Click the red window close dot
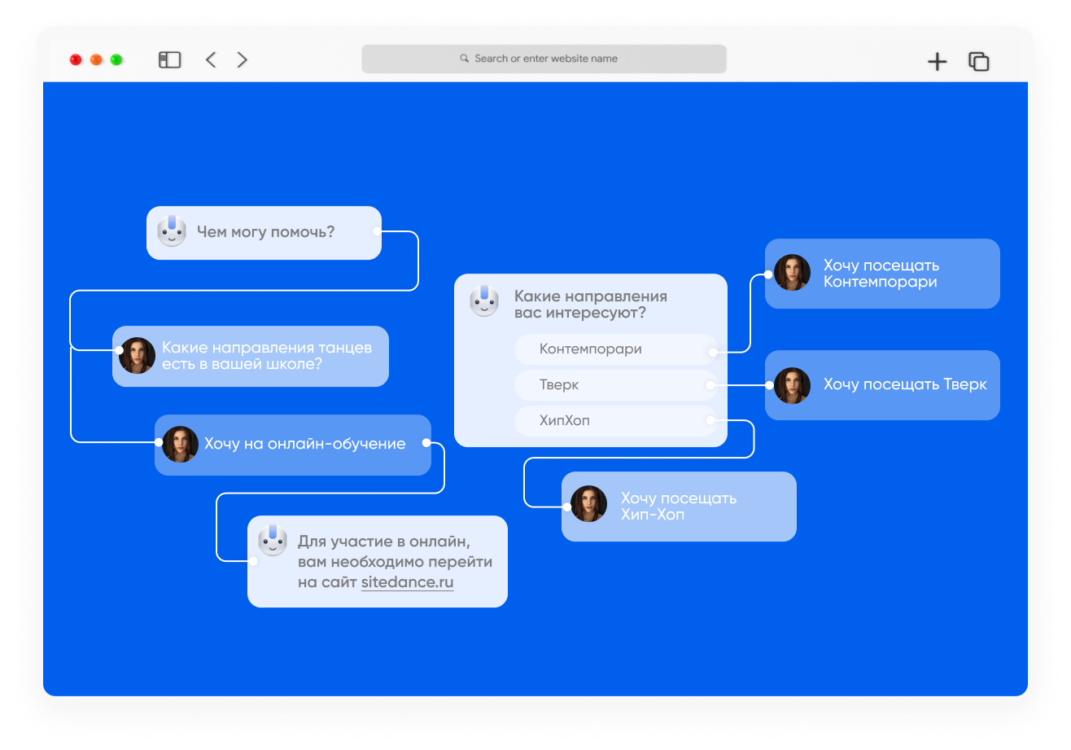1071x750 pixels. (76, 59)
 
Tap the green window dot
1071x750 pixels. (116, 59)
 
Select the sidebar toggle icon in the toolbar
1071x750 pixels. (170, 59)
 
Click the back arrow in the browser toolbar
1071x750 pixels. (211, 59)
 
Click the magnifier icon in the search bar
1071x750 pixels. (464, 58)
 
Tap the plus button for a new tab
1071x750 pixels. (938, 62)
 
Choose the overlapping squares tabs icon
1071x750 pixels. (979, 61)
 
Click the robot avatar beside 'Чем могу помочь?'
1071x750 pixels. (172, 231)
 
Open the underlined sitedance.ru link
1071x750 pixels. (407, 582)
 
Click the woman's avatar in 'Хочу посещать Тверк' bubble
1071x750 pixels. (792, 385)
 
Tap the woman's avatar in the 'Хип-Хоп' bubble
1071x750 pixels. (588, 504)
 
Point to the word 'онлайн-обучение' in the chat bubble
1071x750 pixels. (336, 444)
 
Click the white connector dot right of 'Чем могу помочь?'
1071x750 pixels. (377, 231)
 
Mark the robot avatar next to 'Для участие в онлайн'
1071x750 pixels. (273, 541)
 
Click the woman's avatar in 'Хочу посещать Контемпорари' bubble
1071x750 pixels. (792, 272)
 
